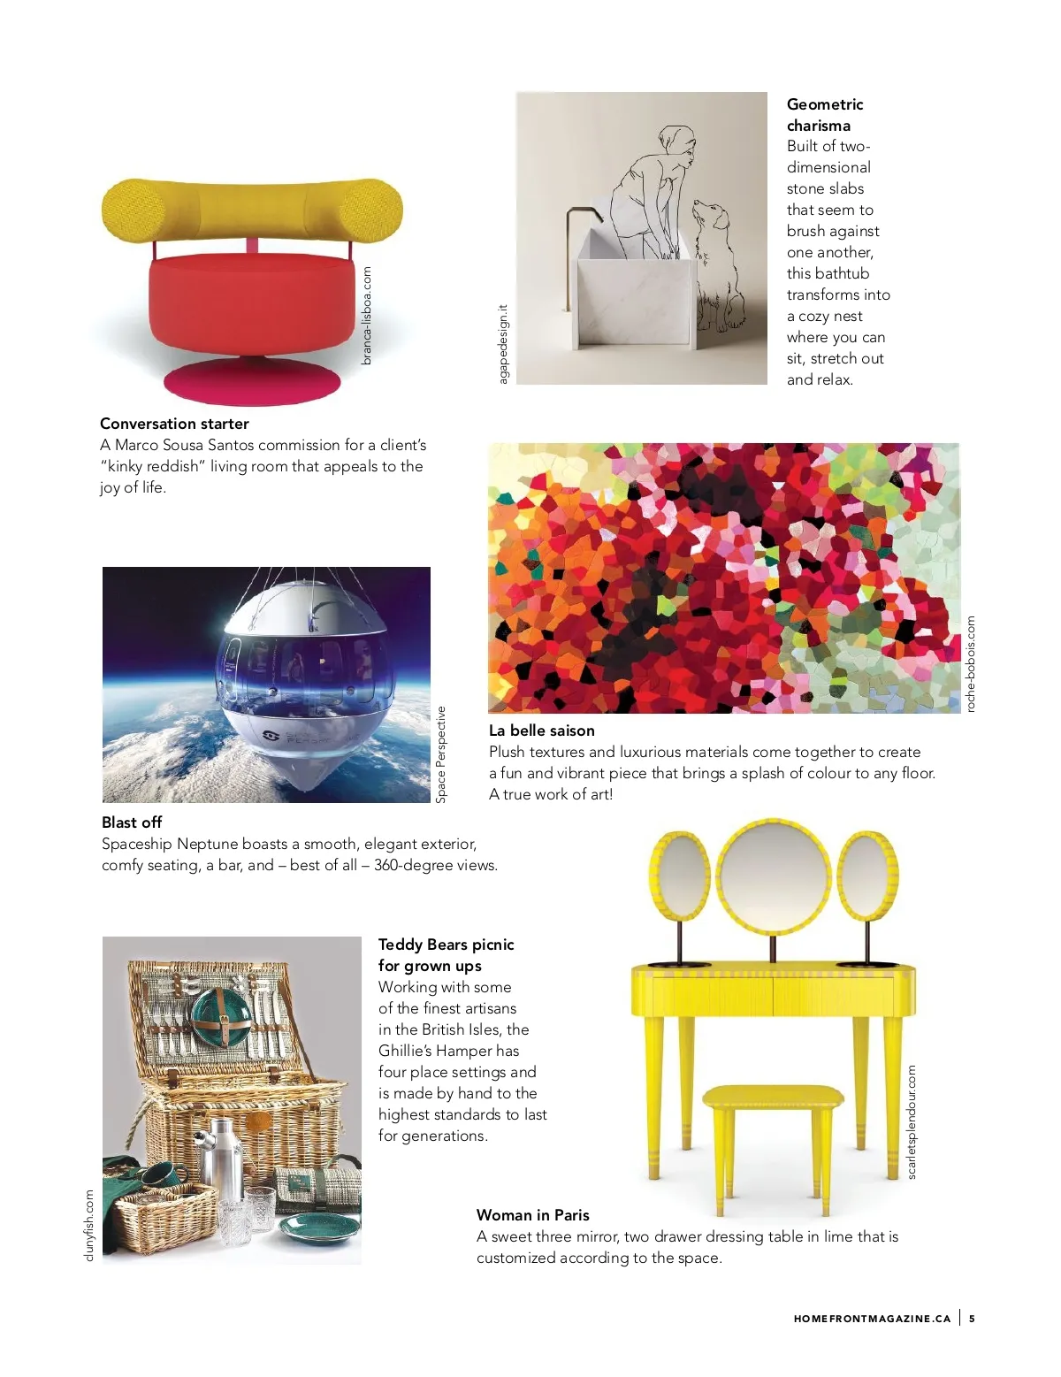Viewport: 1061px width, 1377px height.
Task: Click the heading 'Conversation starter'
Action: tap(174, 424)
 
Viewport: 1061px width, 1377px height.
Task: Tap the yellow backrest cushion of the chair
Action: tap(251, 210)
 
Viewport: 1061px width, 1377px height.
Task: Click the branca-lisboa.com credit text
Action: tap(367, 316)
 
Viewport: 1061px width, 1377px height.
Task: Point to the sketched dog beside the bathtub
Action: tap(715, 266)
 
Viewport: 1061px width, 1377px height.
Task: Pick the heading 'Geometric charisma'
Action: tap(824, 115)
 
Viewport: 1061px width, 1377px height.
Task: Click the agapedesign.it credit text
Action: tap(503, 344)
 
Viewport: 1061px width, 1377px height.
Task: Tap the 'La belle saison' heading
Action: tap(541, 731)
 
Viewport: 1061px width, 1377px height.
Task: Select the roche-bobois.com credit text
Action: tap(970, 664)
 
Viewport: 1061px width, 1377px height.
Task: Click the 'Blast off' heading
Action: tap(132, 822)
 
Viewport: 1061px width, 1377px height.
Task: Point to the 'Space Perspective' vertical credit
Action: tap(441, 754)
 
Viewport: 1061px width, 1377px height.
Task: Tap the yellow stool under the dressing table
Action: tap(773, 1099)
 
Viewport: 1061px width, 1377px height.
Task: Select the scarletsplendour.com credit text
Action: tap(912, 1122)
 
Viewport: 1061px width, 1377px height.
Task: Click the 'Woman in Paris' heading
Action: tap(532, 1215)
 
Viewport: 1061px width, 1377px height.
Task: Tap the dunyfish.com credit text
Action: tap(88, 1225)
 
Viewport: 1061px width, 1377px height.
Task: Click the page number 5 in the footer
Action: tap(972, 1319)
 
